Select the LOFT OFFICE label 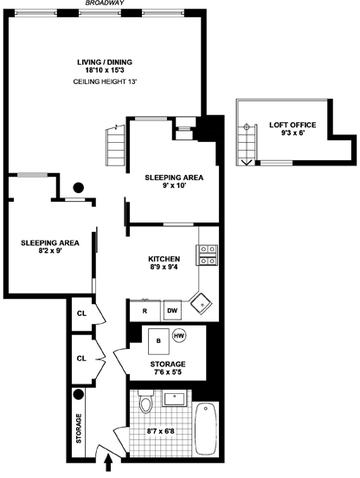click(292, 125)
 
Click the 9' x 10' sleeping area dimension click(173, 186)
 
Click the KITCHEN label click(164, 260)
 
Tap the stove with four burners click(209, 254)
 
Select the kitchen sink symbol click(201, 303)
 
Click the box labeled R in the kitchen click(144, 310)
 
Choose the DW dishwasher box click(172, 310)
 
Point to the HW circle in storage click(179, 336)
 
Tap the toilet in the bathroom click(146, 404)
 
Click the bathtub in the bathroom click(205, 429)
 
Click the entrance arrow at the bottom click(109, 466)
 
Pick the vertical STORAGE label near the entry click(79, 429)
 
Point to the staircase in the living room click(113, 142)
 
